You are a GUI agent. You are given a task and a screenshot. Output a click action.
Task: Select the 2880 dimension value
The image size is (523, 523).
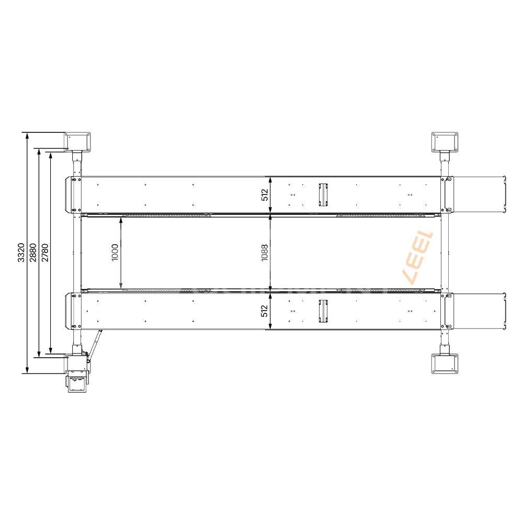33,252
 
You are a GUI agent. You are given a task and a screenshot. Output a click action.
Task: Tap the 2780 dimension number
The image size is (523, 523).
46,252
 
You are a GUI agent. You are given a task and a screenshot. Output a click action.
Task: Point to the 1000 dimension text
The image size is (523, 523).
116,252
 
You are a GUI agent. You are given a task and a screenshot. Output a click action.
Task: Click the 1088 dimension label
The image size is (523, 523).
264,252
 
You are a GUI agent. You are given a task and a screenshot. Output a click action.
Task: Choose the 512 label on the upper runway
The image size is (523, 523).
264,195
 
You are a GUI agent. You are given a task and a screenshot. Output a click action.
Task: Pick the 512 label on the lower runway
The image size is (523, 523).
264,311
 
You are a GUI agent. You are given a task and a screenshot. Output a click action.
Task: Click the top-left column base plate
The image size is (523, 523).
78,142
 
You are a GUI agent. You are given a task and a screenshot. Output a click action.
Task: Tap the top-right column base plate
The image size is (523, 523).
445,142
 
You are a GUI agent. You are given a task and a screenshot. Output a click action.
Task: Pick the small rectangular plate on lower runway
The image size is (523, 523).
323,311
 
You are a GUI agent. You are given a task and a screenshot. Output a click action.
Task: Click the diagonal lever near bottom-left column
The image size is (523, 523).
94,343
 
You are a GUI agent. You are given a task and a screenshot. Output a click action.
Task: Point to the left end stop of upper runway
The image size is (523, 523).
69,195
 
